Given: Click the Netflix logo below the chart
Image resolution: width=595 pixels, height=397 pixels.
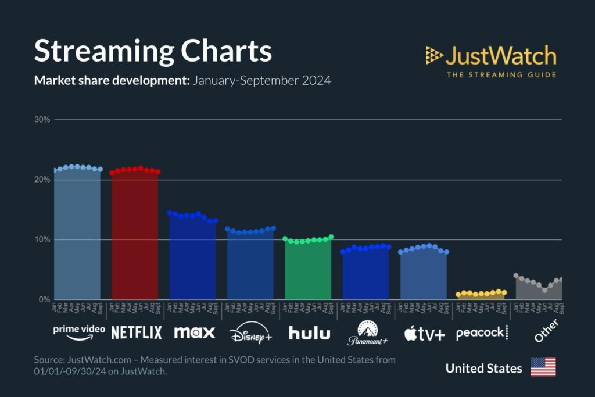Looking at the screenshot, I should [137, 332].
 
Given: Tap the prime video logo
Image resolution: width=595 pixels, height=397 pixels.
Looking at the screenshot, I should [79, 330].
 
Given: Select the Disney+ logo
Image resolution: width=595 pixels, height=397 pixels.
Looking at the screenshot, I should [250, 334].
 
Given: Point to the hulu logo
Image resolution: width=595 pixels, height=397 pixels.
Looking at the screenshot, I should [309, 332].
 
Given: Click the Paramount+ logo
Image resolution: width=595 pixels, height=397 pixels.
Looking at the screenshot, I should [367, 333].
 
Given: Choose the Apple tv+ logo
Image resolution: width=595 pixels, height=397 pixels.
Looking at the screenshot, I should [425, 333].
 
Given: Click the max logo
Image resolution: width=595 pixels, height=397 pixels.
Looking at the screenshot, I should [195, 332].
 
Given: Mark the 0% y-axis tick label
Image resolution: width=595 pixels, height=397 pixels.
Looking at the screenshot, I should [44, 299].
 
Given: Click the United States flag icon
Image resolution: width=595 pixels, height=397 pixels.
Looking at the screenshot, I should [543, 367].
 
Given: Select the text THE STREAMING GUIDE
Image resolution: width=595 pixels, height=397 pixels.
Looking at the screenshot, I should [501, 74].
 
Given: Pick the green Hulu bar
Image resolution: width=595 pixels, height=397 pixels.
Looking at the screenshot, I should [309, 270].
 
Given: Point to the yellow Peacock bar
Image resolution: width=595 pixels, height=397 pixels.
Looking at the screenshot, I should [482, 295].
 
